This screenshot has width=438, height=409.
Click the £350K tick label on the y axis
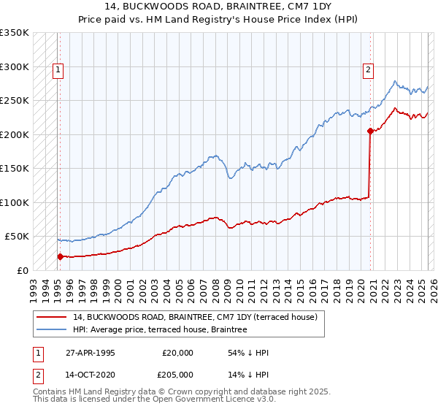[x=15, y=33]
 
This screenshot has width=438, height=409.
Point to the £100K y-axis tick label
[x=15, y=202]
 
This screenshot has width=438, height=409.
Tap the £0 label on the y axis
[x=22, y=270]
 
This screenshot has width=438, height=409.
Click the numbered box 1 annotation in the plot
[x=57, y=70]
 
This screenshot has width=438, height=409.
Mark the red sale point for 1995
[x=60, y=256]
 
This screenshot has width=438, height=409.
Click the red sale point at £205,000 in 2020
[x=370, y=131]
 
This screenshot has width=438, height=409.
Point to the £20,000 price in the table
[x=178, y=353]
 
